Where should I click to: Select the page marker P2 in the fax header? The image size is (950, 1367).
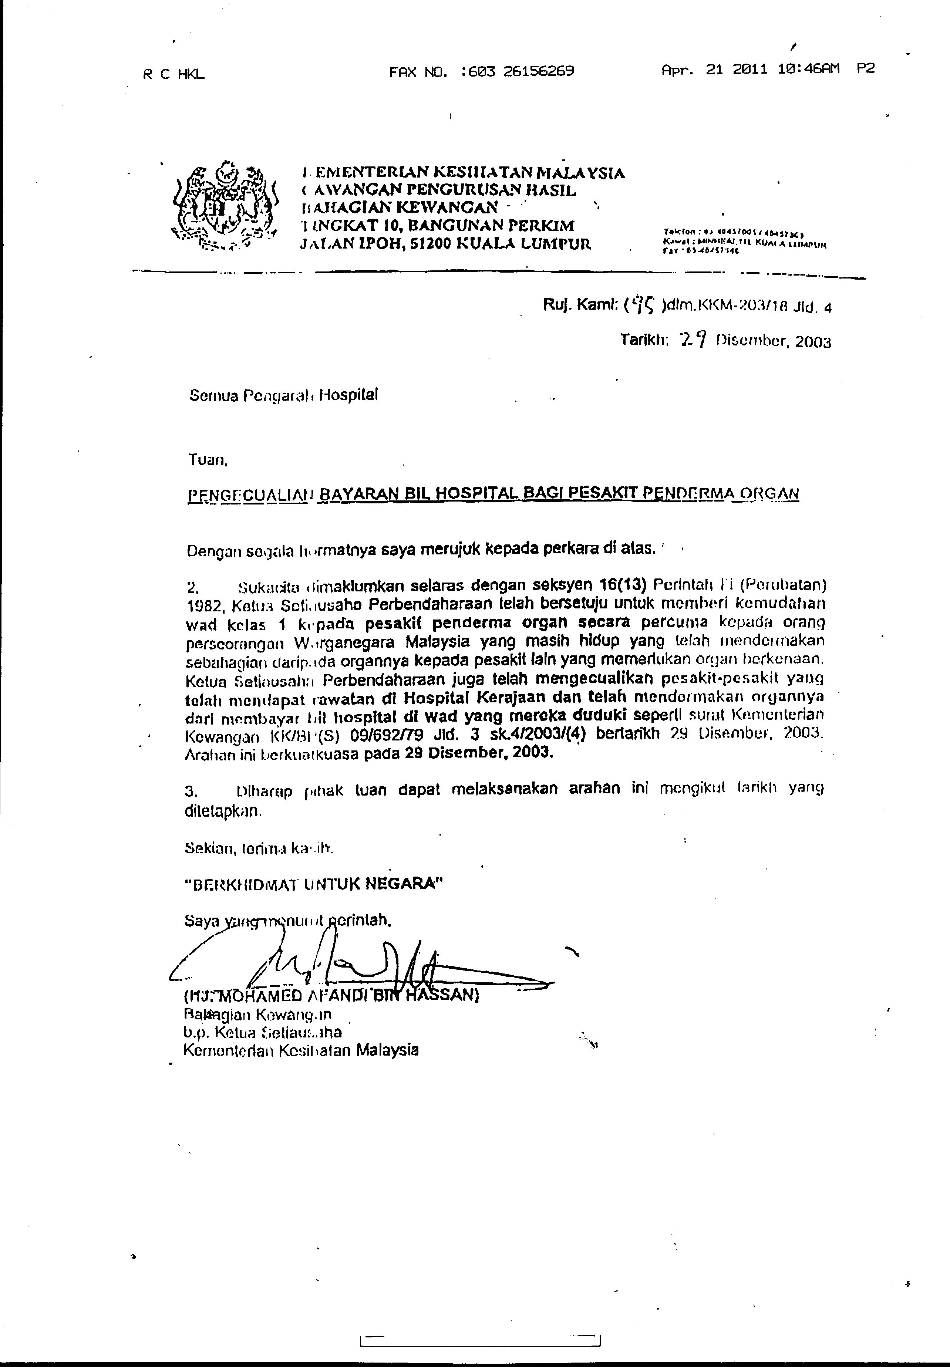point(866,69)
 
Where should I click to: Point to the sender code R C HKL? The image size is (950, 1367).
point(173,74)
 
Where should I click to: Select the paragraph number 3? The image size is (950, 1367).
point(191,791)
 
